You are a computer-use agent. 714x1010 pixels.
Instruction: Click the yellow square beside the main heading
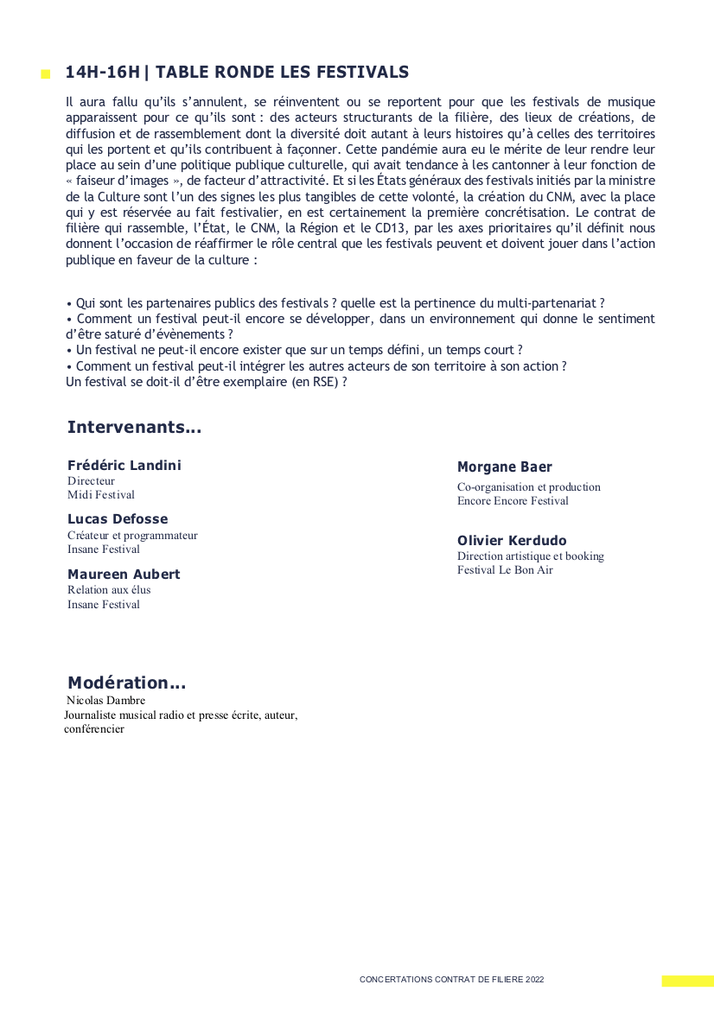pos(45,75)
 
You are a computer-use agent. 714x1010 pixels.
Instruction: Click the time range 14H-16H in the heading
pos(102,73)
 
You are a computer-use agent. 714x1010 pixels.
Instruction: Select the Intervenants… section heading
pos(134,428)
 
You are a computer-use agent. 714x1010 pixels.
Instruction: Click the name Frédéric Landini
pos(124,466)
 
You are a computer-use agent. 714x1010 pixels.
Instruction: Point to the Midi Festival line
pos(101,495)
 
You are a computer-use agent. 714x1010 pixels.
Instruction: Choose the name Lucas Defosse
pos(118,519)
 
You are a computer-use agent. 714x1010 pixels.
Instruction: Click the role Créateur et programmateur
pos(132,536)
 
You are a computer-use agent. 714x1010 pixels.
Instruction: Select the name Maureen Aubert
pos(124,575)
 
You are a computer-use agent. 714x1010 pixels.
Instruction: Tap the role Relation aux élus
pos(109,590)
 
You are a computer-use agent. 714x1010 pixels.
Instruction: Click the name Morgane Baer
pos(504,467)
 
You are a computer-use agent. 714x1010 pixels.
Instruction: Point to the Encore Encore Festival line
pos(513,501)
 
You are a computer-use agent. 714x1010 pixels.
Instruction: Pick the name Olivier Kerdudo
pos(512,541)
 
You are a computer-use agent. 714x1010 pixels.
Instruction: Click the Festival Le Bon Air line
pos(505,570)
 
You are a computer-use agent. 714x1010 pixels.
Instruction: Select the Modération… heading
pos(126,683)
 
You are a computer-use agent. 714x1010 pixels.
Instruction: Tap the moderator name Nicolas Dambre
pos(105,701)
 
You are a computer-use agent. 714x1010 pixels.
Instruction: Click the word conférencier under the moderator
pos(94,729)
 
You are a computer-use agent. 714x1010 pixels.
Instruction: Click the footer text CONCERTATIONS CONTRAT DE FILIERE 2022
pos(451,980)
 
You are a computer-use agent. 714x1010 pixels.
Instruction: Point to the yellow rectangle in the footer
pos(687,981)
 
